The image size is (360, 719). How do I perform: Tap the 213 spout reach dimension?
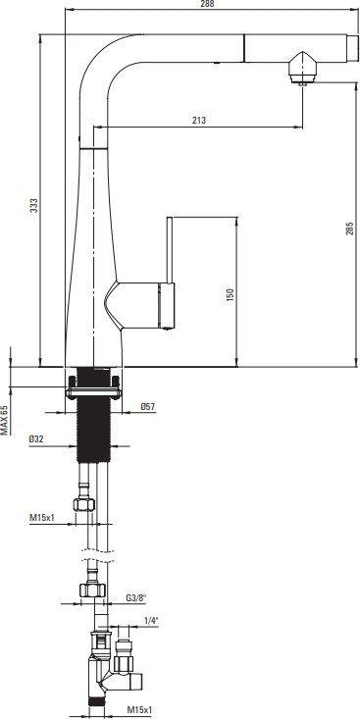pos(199,121)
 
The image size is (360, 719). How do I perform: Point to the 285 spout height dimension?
pos(350,228)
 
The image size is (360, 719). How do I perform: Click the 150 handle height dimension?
pos(231,293)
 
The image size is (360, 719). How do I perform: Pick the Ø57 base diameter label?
pos(148,406)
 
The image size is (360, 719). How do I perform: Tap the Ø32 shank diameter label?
pos(35,439)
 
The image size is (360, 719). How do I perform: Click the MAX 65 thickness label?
pos(4,420)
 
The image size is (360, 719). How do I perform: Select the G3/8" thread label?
pos(135,598)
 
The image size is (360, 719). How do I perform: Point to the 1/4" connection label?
pos(151,621)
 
